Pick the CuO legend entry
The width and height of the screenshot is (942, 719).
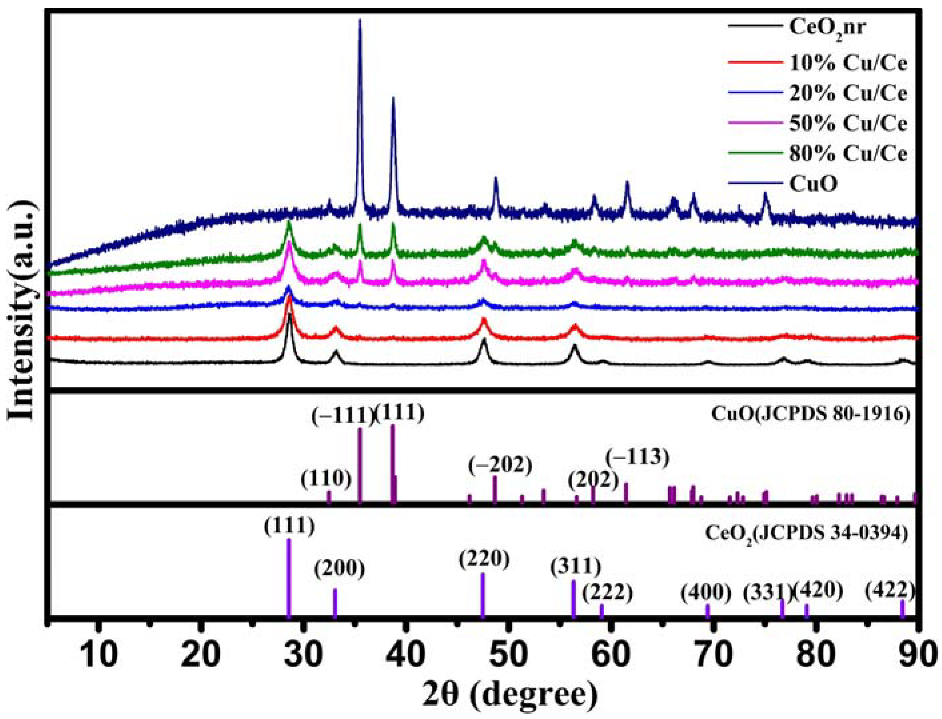pyautogui.click(x=813, y=185)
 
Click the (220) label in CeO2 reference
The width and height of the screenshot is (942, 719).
pyautogui.click(x=484, y=560)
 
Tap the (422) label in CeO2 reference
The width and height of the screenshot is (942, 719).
pyautogui.click(x=890, y=592)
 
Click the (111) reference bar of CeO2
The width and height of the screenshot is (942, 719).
pyautogui.click(x=289, y=578)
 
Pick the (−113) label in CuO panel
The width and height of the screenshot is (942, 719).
pyautogui.click(x=637, y=458)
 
